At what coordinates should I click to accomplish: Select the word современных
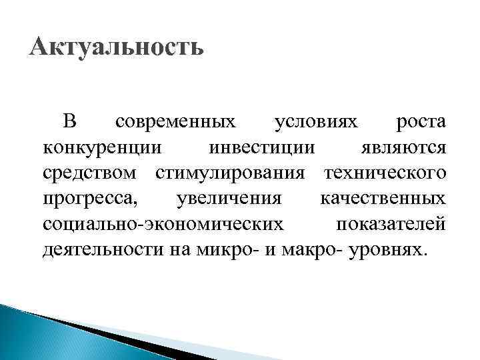[175, 123]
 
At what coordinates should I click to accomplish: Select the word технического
[385, 174]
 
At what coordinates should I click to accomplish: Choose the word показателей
[390, 225]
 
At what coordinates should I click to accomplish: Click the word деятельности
[103, 250]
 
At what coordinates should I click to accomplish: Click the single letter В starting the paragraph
[70, 123]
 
